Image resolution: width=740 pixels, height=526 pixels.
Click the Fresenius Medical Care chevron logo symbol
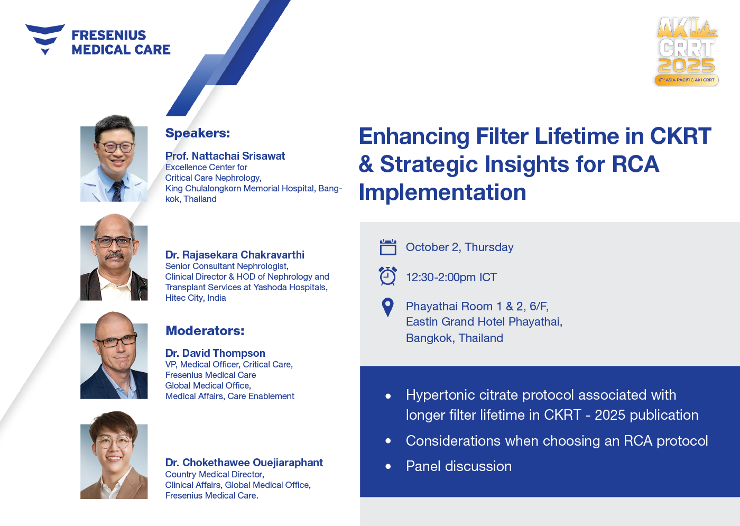coord(45,37)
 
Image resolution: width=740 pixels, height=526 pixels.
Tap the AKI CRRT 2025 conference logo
coord(687,52)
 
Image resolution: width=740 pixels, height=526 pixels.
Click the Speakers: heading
coord(198,133)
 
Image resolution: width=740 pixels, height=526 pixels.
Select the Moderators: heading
coord(205,330)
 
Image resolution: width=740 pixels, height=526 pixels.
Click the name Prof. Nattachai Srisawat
coord(225,155)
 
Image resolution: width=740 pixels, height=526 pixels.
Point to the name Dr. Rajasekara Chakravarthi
coord(235,255)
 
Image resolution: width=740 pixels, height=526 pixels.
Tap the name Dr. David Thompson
coord(215,353)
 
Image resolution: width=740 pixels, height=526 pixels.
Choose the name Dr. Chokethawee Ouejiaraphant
coord(244,463)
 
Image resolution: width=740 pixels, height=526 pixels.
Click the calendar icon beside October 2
coord(388,247)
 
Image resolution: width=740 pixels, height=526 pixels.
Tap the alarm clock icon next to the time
coord(388,276)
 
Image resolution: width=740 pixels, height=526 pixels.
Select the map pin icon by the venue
coord(387,307)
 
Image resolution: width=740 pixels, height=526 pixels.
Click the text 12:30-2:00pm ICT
coord(451,277)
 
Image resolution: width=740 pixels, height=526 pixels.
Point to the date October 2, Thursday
coord(459,247)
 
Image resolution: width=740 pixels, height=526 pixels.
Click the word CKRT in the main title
coord(681,136)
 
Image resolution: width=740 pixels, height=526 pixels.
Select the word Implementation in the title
coord(442,192)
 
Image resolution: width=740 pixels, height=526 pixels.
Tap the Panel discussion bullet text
coord(459,466)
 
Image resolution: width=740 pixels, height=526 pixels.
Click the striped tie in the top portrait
coord(117,191)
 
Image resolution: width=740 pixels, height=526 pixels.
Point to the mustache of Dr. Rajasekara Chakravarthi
coord(114,256)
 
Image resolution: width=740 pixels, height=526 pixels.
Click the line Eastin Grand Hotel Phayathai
coord(484,321)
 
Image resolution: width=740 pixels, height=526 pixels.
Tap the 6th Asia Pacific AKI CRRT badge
coord(687,80)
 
